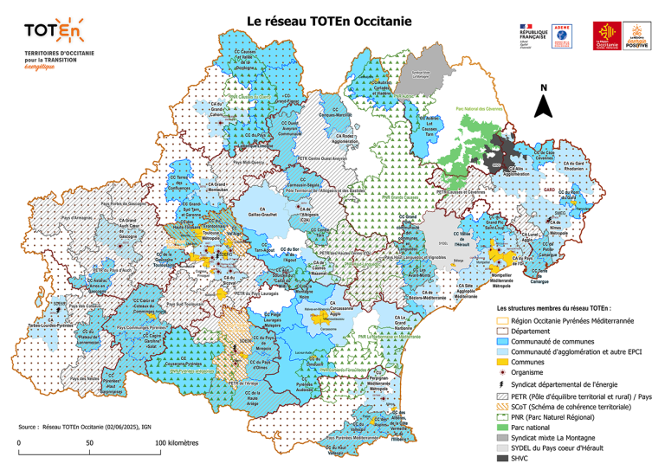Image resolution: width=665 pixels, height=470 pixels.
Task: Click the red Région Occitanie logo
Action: (x=606, y=34)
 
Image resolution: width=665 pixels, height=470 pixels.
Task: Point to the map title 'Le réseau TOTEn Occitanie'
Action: (x=329, y=19)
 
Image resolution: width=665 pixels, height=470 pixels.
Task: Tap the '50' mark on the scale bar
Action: (x=89, y=441)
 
